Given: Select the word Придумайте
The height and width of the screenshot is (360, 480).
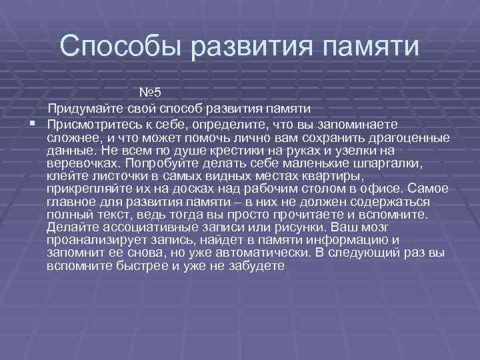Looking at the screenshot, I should (85, 108).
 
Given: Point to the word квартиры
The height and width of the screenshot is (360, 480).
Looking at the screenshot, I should (333, 175).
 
